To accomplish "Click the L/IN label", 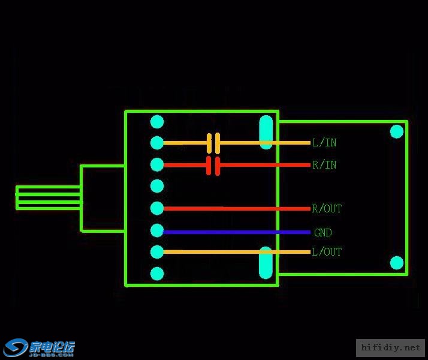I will tap(324, 143).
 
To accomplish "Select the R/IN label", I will tap(324, 165).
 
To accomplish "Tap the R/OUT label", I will tap(327, 209).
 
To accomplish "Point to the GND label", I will tap(322, 232).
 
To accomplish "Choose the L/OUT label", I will tap(327, 252).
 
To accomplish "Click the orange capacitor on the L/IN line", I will tap(213, 143).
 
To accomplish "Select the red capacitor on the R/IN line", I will tap(213, 166).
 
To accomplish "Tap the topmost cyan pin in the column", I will tap(157, 122).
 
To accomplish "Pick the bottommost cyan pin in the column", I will tap(157, 274).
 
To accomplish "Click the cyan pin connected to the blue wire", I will tap(157, 230).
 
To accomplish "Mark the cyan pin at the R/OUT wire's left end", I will tap(157, 208).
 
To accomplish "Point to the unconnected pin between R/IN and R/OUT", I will tap(157, 185).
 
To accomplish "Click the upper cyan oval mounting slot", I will tap(266, 133).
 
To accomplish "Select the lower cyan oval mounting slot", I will tap(266, 263).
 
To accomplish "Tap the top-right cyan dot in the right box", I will tap(397, 131).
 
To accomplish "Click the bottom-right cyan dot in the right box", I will tap(397, 263).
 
